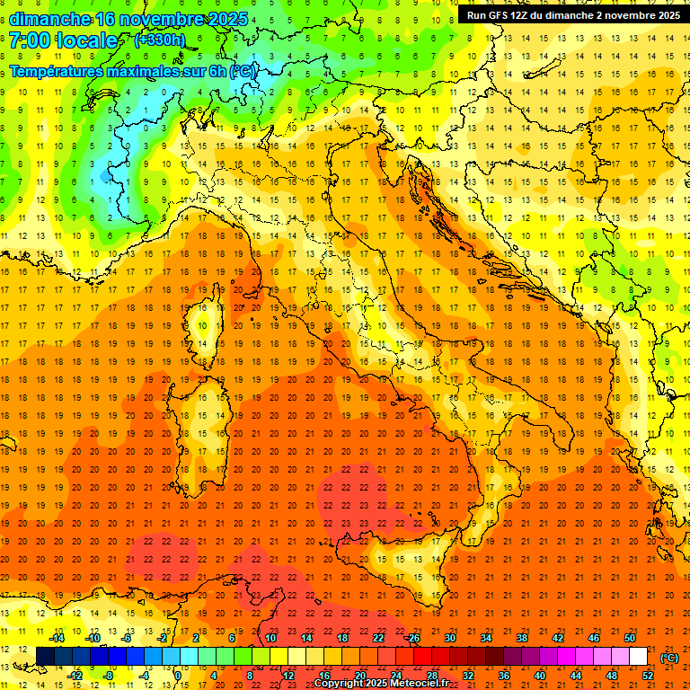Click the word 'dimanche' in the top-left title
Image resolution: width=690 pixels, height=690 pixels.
coord(49,19)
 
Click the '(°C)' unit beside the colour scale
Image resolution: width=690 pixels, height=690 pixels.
coord(669,659)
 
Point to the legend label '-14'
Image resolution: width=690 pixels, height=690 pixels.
coord(57,638)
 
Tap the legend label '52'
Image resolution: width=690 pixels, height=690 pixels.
coord(648,676)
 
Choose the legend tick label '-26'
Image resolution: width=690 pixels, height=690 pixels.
coord(412,638)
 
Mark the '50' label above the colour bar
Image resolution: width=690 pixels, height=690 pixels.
coord(630,638)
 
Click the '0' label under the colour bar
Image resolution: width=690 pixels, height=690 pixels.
coord(179,676)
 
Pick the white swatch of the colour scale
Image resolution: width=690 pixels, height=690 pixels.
coord(638,657)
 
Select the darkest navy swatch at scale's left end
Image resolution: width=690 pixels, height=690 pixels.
coord(45,657)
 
